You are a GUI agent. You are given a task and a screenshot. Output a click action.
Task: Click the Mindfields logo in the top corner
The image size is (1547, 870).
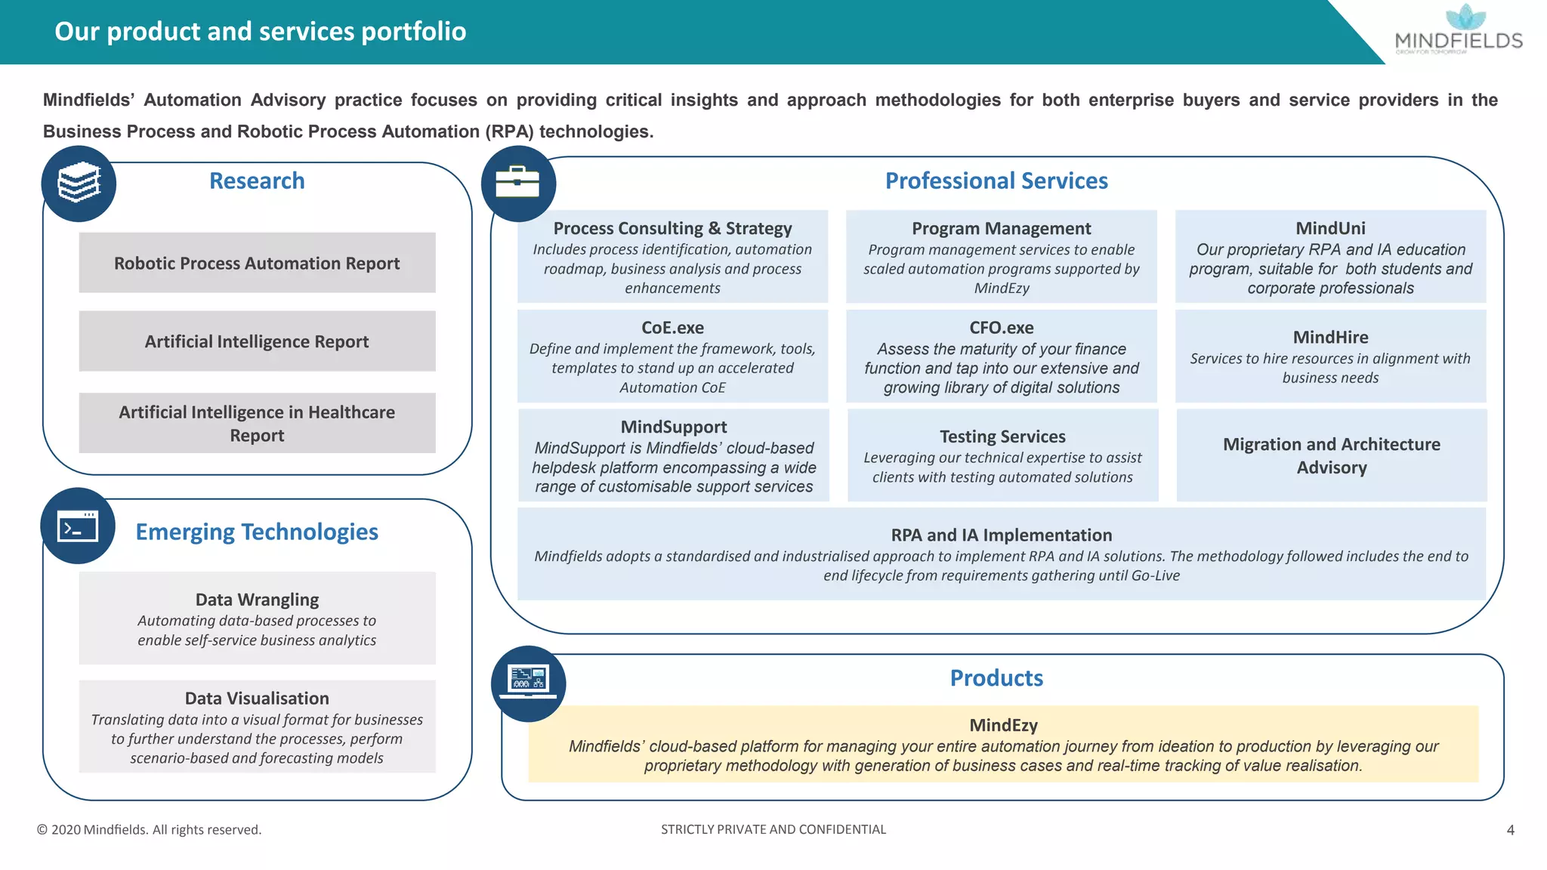coord(1458,30)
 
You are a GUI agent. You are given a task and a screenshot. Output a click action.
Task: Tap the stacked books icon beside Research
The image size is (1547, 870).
coord(79,184)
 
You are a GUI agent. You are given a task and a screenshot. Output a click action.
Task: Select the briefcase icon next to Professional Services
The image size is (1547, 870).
coord(517,184)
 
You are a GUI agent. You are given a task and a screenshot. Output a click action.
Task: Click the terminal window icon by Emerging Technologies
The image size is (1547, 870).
coord(78,526)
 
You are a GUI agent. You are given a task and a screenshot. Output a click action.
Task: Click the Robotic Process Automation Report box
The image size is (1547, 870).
coord(257,263)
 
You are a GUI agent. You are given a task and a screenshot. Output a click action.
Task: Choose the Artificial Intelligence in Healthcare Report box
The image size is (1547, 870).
coord(257,423)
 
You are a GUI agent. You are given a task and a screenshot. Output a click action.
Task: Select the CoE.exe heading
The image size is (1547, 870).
coord(672,328)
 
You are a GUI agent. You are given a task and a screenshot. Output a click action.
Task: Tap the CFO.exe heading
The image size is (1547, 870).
coord(1001,328)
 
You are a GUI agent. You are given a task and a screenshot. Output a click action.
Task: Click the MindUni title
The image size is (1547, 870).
coord(1330,228)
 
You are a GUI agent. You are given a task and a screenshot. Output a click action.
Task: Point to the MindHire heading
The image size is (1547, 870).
coord(1330,337)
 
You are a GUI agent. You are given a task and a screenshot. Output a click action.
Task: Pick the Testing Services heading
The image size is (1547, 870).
coord(1002,437)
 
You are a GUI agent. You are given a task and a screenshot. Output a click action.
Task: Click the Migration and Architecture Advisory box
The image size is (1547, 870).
coord(1331,455)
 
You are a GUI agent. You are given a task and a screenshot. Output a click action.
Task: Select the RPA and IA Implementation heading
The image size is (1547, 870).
coord(1001,535)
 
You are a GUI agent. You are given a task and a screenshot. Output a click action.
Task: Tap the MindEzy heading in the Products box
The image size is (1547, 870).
coord(1003,725)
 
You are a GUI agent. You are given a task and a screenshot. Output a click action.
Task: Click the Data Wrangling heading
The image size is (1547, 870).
coord(257,600)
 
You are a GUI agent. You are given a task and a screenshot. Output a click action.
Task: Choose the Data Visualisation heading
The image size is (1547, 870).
coord(257,699)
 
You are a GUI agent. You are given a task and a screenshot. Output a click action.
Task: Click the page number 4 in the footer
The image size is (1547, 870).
coord(1510,830)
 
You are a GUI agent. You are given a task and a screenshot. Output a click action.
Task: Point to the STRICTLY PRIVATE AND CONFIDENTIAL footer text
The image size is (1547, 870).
coord(773,829)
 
